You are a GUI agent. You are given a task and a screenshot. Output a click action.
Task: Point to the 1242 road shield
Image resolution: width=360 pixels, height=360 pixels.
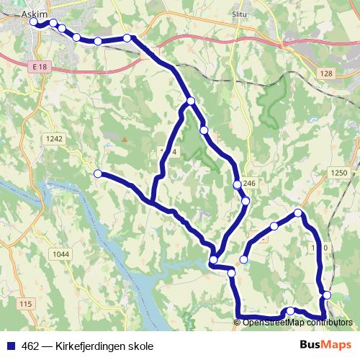coord(54,139)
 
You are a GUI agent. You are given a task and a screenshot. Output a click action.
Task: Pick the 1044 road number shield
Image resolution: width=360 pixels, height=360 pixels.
coord(61,254)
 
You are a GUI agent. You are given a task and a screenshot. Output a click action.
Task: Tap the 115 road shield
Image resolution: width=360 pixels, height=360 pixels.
coord(27,305)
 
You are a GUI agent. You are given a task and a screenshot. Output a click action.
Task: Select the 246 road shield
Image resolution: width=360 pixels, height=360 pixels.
coord(249,184)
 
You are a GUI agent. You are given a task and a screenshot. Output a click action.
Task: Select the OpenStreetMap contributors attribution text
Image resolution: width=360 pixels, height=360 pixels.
coord(297,322)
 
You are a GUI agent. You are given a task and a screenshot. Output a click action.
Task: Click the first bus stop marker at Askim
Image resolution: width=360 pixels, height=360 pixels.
coord(34,23)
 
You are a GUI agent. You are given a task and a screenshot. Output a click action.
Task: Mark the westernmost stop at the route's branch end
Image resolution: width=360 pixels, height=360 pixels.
coord(97,173)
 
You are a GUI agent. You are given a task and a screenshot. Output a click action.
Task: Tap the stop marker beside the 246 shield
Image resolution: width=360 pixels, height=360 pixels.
coord(238,186)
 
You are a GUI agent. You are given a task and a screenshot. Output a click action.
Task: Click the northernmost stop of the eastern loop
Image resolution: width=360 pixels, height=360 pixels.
coord(298,212)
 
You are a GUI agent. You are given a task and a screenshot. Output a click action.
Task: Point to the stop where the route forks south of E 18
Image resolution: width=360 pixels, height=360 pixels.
coord(190,102)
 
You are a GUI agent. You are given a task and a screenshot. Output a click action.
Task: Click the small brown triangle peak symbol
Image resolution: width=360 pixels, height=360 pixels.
coord(124,139)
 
